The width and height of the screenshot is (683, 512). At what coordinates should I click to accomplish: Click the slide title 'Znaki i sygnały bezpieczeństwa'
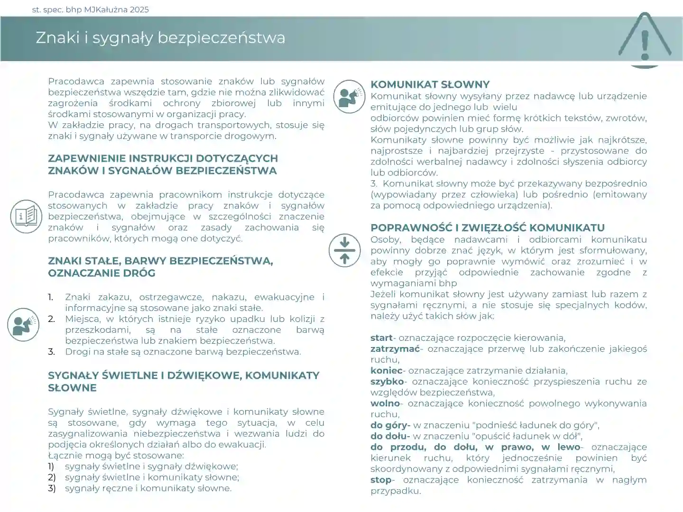160,38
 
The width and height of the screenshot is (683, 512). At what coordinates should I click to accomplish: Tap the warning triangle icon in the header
645,39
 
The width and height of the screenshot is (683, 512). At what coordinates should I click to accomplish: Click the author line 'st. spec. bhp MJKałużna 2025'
90,9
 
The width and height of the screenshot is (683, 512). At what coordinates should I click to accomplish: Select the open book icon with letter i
26,216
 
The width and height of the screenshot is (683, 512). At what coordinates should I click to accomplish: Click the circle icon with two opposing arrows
345,250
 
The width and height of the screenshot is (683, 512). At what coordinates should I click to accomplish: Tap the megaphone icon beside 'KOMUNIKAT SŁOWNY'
350,96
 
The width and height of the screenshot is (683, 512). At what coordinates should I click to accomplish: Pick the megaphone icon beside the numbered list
23,325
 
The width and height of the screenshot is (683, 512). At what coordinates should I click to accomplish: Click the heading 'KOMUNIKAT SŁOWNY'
430,84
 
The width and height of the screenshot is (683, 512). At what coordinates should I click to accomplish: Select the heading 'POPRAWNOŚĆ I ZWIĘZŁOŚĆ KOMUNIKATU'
488,228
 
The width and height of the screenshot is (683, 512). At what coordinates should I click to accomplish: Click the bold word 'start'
381,338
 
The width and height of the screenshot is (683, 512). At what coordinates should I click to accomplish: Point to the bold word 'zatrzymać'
395,349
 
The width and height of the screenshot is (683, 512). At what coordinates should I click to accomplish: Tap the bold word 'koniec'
386,371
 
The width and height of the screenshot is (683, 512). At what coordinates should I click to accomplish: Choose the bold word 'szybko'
387,382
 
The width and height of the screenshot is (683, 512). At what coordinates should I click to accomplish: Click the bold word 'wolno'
385,403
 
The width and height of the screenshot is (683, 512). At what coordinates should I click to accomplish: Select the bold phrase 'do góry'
389,425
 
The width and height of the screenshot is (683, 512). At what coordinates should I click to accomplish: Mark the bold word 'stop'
381,480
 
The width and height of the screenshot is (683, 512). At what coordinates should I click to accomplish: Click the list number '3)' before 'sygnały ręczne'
52,488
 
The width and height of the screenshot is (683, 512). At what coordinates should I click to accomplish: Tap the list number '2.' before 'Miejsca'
52,319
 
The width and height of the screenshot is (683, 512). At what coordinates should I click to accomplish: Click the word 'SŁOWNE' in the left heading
72,388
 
